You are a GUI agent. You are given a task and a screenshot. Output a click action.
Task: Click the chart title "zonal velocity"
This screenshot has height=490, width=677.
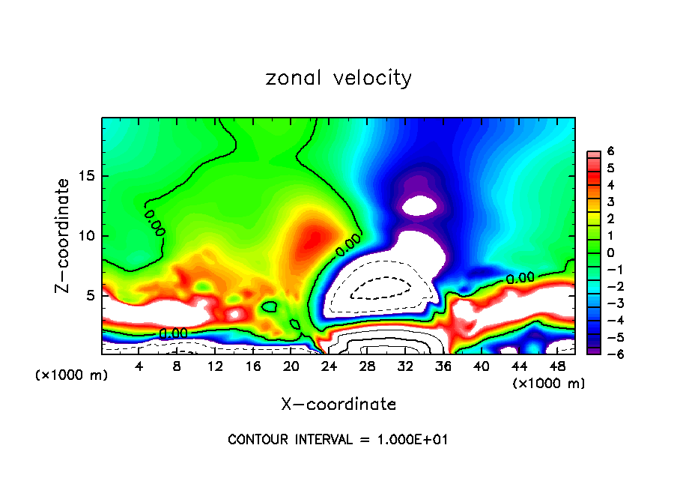coord(338,78)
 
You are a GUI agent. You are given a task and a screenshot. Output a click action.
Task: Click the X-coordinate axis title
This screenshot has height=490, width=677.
coord(338,405)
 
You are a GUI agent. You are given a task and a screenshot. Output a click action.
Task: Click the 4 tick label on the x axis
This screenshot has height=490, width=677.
coord(139,366)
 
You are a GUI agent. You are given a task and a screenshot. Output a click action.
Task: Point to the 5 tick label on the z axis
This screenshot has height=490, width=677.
coord(89,295)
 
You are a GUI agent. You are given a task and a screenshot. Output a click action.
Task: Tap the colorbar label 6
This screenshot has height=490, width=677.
coord(610,151)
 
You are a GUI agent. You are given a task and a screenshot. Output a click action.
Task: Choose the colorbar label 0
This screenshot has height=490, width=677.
coord(610,252)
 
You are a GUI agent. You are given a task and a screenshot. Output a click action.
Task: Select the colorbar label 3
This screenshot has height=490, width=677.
coord(610,202)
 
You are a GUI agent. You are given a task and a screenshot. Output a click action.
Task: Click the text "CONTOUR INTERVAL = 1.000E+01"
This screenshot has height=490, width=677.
coord(338,440)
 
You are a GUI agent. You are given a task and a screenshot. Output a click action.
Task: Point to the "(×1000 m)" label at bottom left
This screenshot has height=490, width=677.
coord(72,375)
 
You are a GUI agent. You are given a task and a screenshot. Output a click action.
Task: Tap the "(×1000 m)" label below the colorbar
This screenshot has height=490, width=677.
coord(548,384)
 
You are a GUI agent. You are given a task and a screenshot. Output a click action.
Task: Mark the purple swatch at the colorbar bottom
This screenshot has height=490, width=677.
coord(592,350)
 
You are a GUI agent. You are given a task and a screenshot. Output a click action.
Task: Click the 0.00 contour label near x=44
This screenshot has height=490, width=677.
coord(520,278)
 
